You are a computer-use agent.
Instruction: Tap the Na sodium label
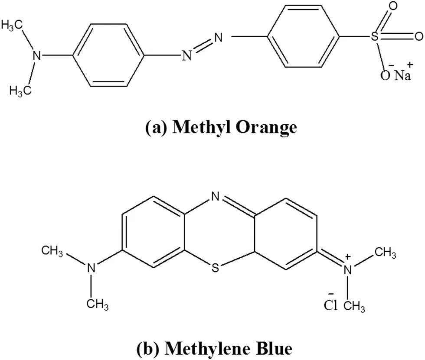point(402,76)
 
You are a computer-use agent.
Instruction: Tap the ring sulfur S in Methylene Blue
point(216,268)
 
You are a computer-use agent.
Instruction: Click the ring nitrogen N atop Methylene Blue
point(216,197)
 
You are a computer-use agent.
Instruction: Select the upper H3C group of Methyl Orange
point(13,25)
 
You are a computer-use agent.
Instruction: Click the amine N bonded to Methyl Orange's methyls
point(38,55)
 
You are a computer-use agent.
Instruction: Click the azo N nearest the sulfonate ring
point(218,38)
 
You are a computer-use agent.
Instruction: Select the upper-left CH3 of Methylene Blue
point(52,251)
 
